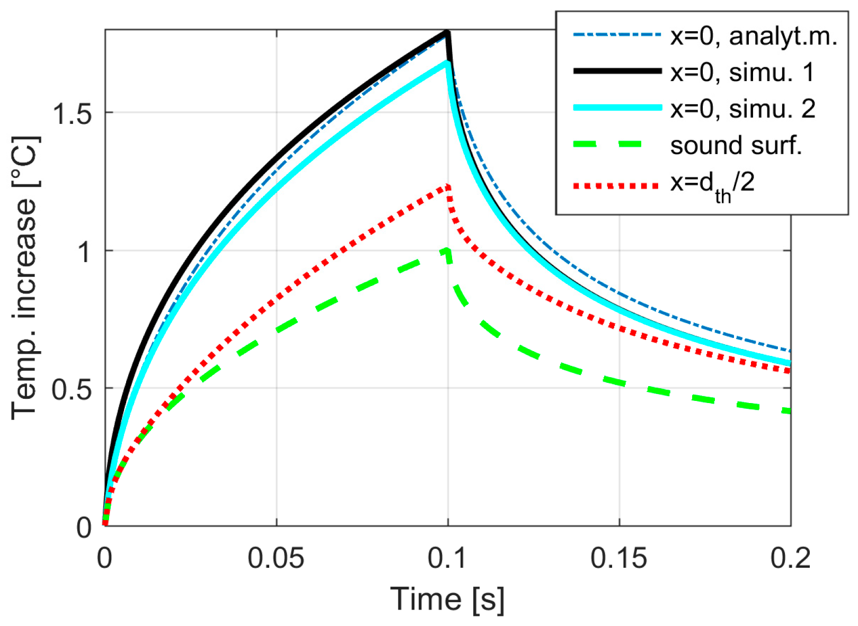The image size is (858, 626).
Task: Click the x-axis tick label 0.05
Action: click(x=276, y=559)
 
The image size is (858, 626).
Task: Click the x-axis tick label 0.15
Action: click(x=618, y=559)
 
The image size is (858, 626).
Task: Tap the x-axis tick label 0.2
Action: click(x=790, y=559)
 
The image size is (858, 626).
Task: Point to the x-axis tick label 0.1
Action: click(x=448, y=559)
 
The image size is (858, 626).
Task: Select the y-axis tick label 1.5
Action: click(x=73, y=113)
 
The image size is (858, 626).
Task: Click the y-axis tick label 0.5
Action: click(x=73, y=389)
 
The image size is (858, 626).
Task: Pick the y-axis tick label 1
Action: click(x=84, y=252)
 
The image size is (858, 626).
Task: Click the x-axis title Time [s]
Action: click(x=447, y=600)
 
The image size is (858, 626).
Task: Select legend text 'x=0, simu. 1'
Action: click(x=742, y=72)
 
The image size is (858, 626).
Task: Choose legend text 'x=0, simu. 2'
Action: click(x=742, y=109)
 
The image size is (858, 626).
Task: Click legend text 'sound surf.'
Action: click(x=736, y=145)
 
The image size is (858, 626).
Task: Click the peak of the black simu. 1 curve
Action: click(x=448, y=33)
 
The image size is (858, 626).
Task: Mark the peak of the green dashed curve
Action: click(x=447, y=249)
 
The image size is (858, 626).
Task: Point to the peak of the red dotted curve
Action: click(x=448, y=186)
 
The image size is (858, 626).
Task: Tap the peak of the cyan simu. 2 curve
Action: click(x=448, y=62)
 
